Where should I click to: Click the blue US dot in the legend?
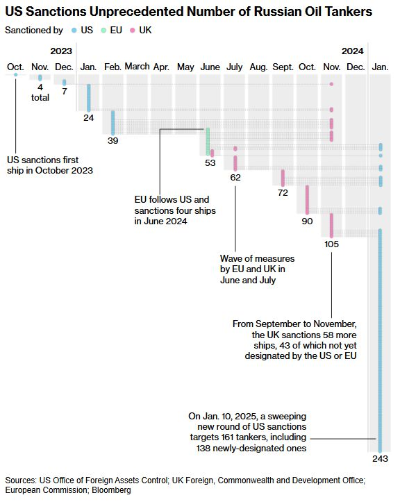click(74, 31)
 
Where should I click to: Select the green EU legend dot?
click(103, 31)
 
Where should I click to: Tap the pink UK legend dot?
click(132, 31)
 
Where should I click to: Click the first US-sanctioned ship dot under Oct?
click(16, 74)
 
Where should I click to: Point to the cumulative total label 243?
click(380, 458)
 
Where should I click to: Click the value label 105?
click(331, 244)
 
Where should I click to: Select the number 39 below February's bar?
click(112, 140)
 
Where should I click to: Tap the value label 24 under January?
click(89, 118)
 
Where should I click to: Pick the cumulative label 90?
click(307, 221)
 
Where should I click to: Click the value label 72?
click(283, 193)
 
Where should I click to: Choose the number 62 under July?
click(235, 177)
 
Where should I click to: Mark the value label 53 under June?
click(210, 163)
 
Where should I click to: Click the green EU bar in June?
click(208, 142)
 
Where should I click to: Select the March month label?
click(137, 67)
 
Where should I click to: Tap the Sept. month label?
click(283, 67)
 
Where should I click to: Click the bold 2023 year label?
click(61, 51)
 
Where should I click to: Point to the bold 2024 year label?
click(353, 51)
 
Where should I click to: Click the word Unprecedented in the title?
click(137, 12)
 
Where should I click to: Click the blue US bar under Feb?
click(112, 123)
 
